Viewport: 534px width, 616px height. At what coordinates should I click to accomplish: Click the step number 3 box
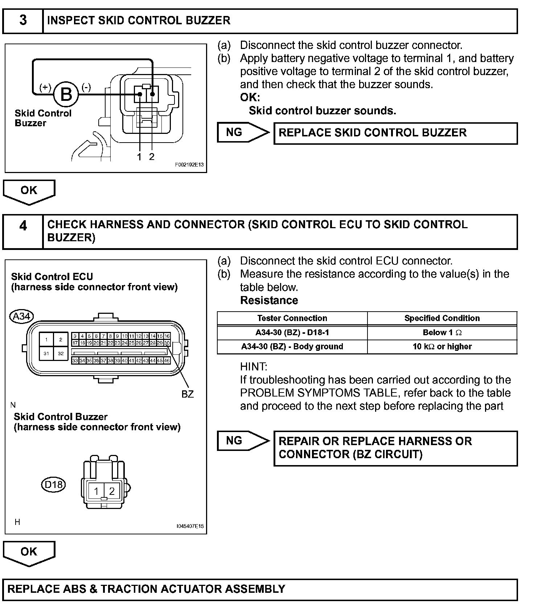click(23, 21)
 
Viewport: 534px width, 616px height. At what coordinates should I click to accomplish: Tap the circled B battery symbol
click(66, 94)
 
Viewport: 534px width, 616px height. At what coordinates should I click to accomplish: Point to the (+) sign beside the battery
click(45, 87)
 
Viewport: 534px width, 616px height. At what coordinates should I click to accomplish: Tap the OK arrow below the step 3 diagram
click(29, 191)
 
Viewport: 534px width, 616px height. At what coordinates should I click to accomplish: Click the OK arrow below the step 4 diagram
click(29, 553)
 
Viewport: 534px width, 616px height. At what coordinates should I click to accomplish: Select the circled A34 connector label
click(21, 316)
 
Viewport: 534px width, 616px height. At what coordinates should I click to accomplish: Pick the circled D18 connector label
click(53, 484)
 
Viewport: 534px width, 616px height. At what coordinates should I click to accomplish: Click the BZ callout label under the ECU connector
click(188, 394)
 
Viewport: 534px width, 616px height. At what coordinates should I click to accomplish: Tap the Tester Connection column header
click(292, 318)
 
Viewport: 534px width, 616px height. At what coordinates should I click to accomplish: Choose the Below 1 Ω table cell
click(442, 332)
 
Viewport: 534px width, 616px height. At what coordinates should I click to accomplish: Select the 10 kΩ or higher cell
click(442, 346)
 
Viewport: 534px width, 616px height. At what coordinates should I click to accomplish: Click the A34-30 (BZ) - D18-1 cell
click(292, 332)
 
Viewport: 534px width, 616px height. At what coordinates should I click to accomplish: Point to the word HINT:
click(254, 367)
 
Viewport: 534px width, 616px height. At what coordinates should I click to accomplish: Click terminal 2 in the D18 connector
click(112, 491)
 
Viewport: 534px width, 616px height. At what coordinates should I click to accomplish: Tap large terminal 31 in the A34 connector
click(46, 353)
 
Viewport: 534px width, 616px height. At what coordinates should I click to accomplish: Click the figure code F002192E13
click(189, 165)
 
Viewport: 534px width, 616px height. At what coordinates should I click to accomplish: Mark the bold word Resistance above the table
click(269, 300)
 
